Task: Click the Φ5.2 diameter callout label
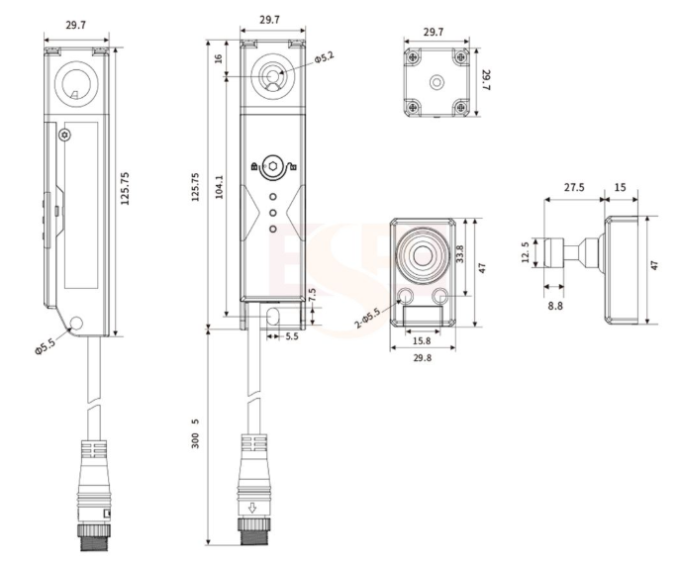coord(325,57)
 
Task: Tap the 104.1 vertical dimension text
coord(219,187)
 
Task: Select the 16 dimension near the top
coord(219,57)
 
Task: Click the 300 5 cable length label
coord(195,433)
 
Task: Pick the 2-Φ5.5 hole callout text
coord(368,319)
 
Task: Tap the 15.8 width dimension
coord(422,340)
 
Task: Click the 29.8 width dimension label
coord(423,357)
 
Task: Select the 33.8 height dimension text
coord(460,254)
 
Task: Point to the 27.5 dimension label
coord(574,187)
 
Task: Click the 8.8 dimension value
coord(555,306)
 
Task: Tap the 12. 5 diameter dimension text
coord(526,252)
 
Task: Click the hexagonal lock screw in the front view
coord(272,166)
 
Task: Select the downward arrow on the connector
coord(252,508)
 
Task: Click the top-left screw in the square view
coord(413,56)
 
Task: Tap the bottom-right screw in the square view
coord(461,107)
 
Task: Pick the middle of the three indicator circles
coord(273,213)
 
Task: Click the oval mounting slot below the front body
coord(273,317)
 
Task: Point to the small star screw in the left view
coord(65,136)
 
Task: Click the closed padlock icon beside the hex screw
coord(254,166)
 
